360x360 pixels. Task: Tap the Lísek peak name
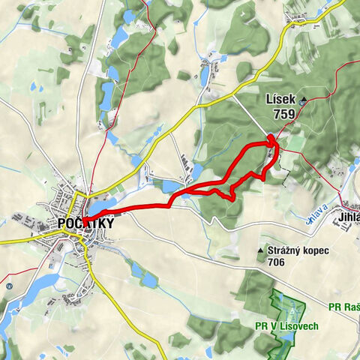(x=280, y=99)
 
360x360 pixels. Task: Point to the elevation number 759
(x=283, y=115)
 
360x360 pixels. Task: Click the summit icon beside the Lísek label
(x=302, y=100)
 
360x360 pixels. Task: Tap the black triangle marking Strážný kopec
(x=260, y=250)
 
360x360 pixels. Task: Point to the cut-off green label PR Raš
(x=344, y=306)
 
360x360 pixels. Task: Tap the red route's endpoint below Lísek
(x=271, y=137)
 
